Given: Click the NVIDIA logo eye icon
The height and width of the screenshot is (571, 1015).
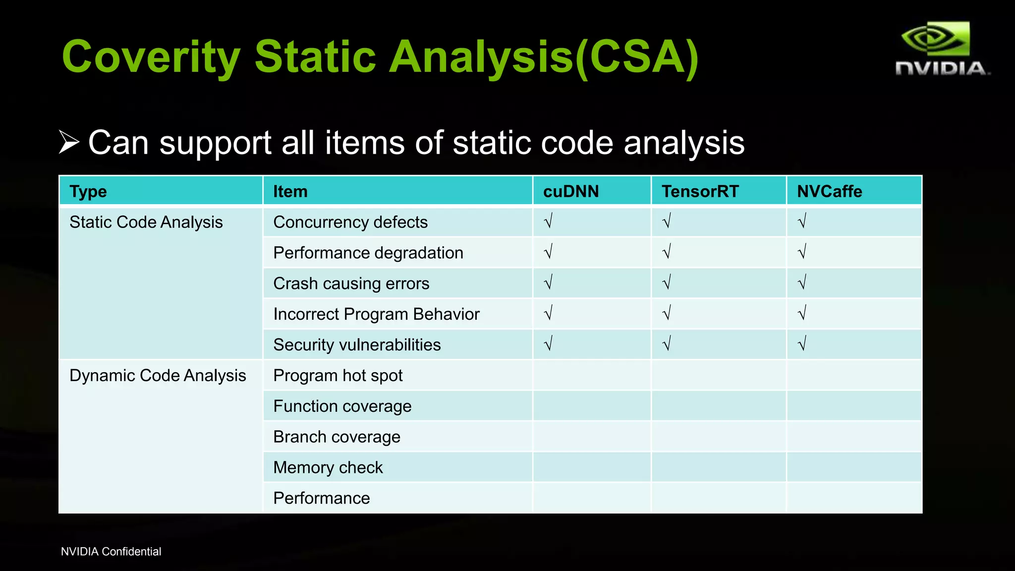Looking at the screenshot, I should (935, 38).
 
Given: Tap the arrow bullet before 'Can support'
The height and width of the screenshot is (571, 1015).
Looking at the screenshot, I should (69, 142).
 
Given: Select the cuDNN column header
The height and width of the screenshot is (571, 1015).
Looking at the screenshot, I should (570, 191).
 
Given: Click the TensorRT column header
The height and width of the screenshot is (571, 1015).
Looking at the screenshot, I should (700, 191).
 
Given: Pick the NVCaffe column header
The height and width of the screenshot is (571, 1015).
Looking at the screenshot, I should (829, 191).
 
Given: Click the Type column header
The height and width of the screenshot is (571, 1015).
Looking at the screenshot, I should (88, 191).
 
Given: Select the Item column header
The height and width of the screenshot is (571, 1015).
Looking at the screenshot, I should (290, 191).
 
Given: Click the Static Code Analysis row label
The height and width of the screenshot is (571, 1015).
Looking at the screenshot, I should (146, 222).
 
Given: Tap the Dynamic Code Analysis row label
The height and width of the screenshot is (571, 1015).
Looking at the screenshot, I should (158, 376).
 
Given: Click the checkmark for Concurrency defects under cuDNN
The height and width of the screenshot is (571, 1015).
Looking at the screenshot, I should (548, 221).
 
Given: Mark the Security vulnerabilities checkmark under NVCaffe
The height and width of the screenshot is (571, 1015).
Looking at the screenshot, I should (802, 343).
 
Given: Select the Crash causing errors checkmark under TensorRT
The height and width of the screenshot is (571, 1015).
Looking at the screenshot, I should (667, 283).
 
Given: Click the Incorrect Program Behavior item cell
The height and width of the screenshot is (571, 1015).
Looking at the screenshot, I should (377, 314).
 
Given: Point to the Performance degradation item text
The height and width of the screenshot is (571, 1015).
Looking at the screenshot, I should (368, 253).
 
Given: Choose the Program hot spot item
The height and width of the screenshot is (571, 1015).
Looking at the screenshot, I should (338, 376).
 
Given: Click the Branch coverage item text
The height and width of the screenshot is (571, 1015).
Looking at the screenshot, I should (337, 437).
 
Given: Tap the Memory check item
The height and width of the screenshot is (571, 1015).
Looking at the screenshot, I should (328, 467).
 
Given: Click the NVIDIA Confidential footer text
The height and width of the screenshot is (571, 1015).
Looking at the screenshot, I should (111, 552).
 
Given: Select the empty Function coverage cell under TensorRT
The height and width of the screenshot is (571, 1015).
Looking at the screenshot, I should (719, 406).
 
